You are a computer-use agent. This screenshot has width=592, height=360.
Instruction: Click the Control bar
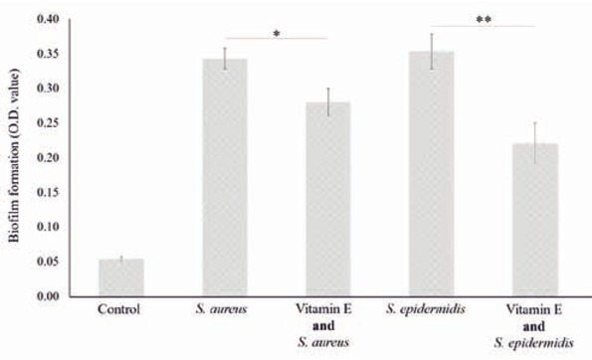pos(120,277)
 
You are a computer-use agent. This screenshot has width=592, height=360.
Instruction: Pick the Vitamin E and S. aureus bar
pos(327,199)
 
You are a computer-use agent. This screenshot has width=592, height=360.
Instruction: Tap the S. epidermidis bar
pos(432,174)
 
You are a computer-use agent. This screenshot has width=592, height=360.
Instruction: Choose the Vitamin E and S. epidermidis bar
pos(534,220)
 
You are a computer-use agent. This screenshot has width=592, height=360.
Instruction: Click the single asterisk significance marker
pos(276,35)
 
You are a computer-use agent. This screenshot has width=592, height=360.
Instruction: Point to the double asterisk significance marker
pos(484,20)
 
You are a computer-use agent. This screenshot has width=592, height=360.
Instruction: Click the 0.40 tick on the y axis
pos(46,19)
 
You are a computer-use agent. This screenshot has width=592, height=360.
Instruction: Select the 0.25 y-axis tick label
pos(46,123)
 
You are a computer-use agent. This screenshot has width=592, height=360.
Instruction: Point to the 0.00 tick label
pos(46,296)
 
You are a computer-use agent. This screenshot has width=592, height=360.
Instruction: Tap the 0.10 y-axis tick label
pos(46,227)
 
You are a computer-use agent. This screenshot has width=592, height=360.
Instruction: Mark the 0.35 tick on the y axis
pos(46,54)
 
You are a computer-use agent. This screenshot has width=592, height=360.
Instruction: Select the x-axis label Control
pos(120,308)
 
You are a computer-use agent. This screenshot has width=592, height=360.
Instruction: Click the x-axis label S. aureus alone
pos(224,308)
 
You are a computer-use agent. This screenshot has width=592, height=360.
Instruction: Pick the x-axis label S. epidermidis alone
pos(432,308)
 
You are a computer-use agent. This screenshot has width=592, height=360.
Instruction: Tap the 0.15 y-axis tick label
pos(46,192)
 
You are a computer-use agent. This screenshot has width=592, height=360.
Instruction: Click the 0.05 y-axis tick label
pos(46,262)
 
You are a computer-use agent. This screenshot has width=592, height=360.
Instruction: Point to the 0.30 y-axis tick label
pos(46,89)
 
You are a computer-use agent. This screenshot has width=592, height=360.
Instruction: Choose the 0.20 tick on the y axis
pos(46,157)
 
